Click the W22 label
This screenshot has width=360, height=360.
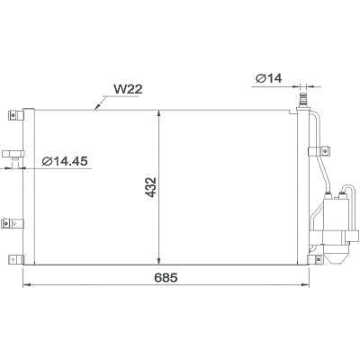tap(128, 89)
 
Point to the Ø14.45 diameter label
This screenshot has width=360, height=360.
tap(66, 162)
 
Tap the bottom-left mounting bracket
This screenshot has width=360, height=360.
tap(13, 257)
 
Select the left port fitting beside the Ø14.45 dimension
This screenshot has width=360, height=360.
tap(13, 157)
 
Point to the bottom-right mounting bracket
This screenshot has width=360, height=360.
tap(316, 258)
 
